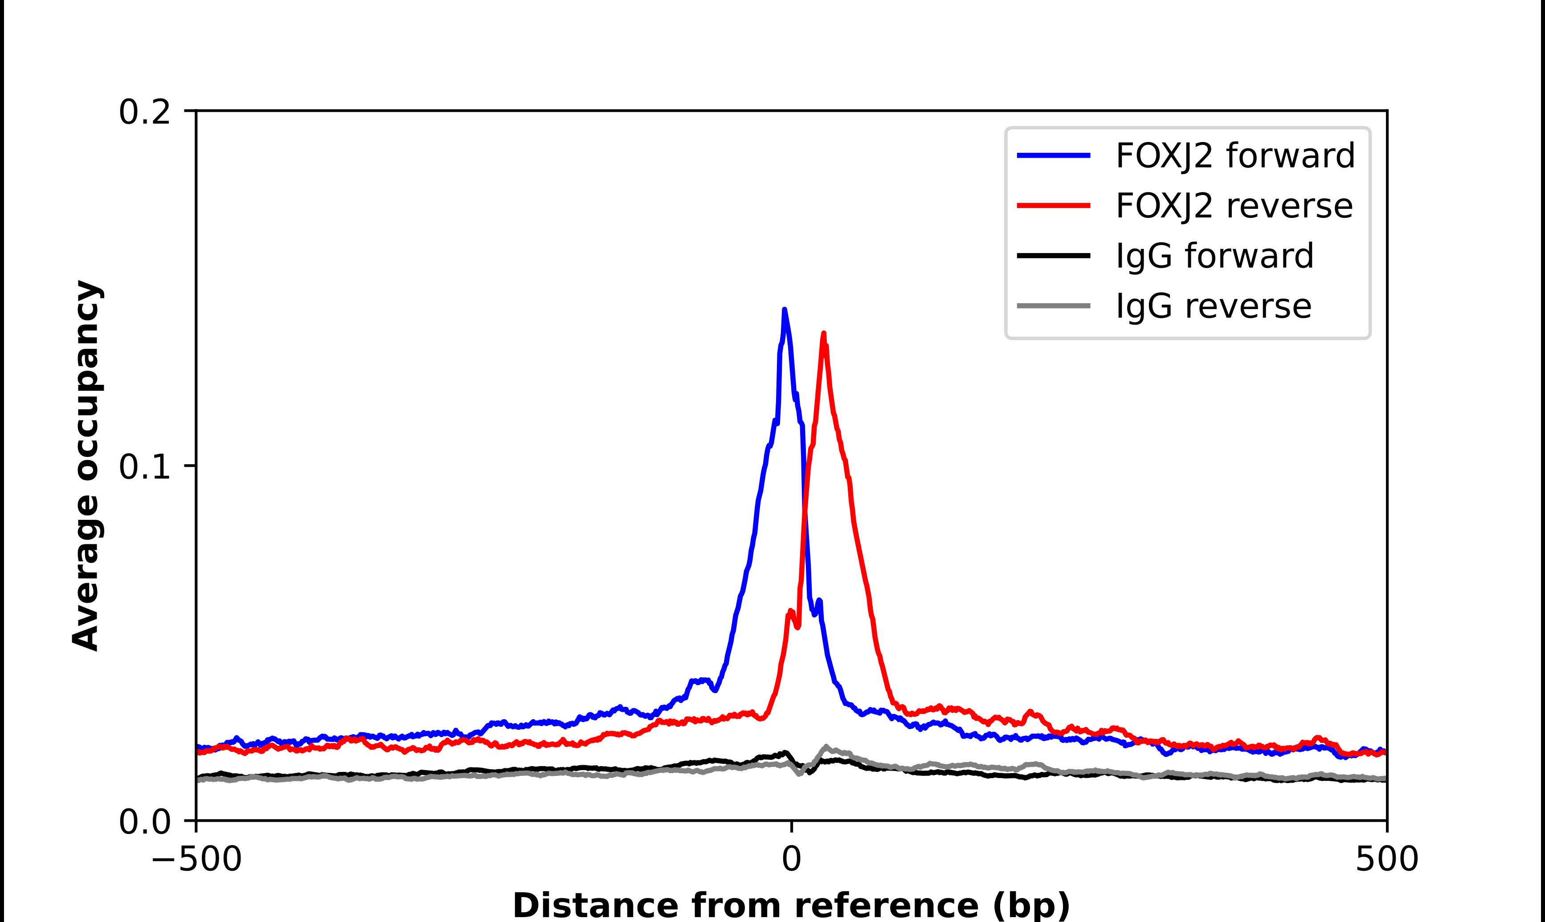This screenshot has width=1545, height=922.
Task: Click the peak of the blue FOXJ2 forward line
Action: point(785,310)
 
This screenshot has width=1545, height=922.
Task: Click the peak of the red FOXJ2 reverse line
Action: point(824,334)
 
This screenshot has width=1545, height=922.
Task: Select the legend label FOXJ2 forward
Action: point(1235,155)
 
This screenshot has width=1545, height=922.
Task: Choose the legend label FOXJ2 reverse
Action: point(1234,206)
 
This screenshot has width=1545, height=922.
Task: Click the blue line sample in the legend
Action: point(1054,156)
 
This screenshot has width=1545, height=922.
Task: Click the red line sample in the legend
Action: point(1054,206)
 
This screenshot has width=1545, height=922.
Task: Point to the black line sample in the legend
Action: point(1054,255)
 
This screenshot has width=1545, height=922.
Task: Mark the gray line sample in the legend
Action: point(1054,306)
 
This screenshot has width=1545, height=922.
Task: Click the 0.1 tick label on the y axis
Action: point(144,467)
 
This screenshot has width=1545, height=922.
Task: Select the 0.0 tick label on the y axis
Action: point(144,822)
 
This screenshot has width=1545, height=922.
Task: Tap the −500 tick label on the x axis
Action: point(196,860)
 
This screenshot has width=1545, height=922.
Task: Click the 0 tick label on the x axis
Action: point(791,860)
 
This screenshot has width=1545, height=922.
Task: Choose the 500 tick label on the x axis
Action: point(1386,860)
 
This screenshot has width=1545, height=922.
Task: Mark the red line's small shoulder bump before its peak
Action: point(790,612)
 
